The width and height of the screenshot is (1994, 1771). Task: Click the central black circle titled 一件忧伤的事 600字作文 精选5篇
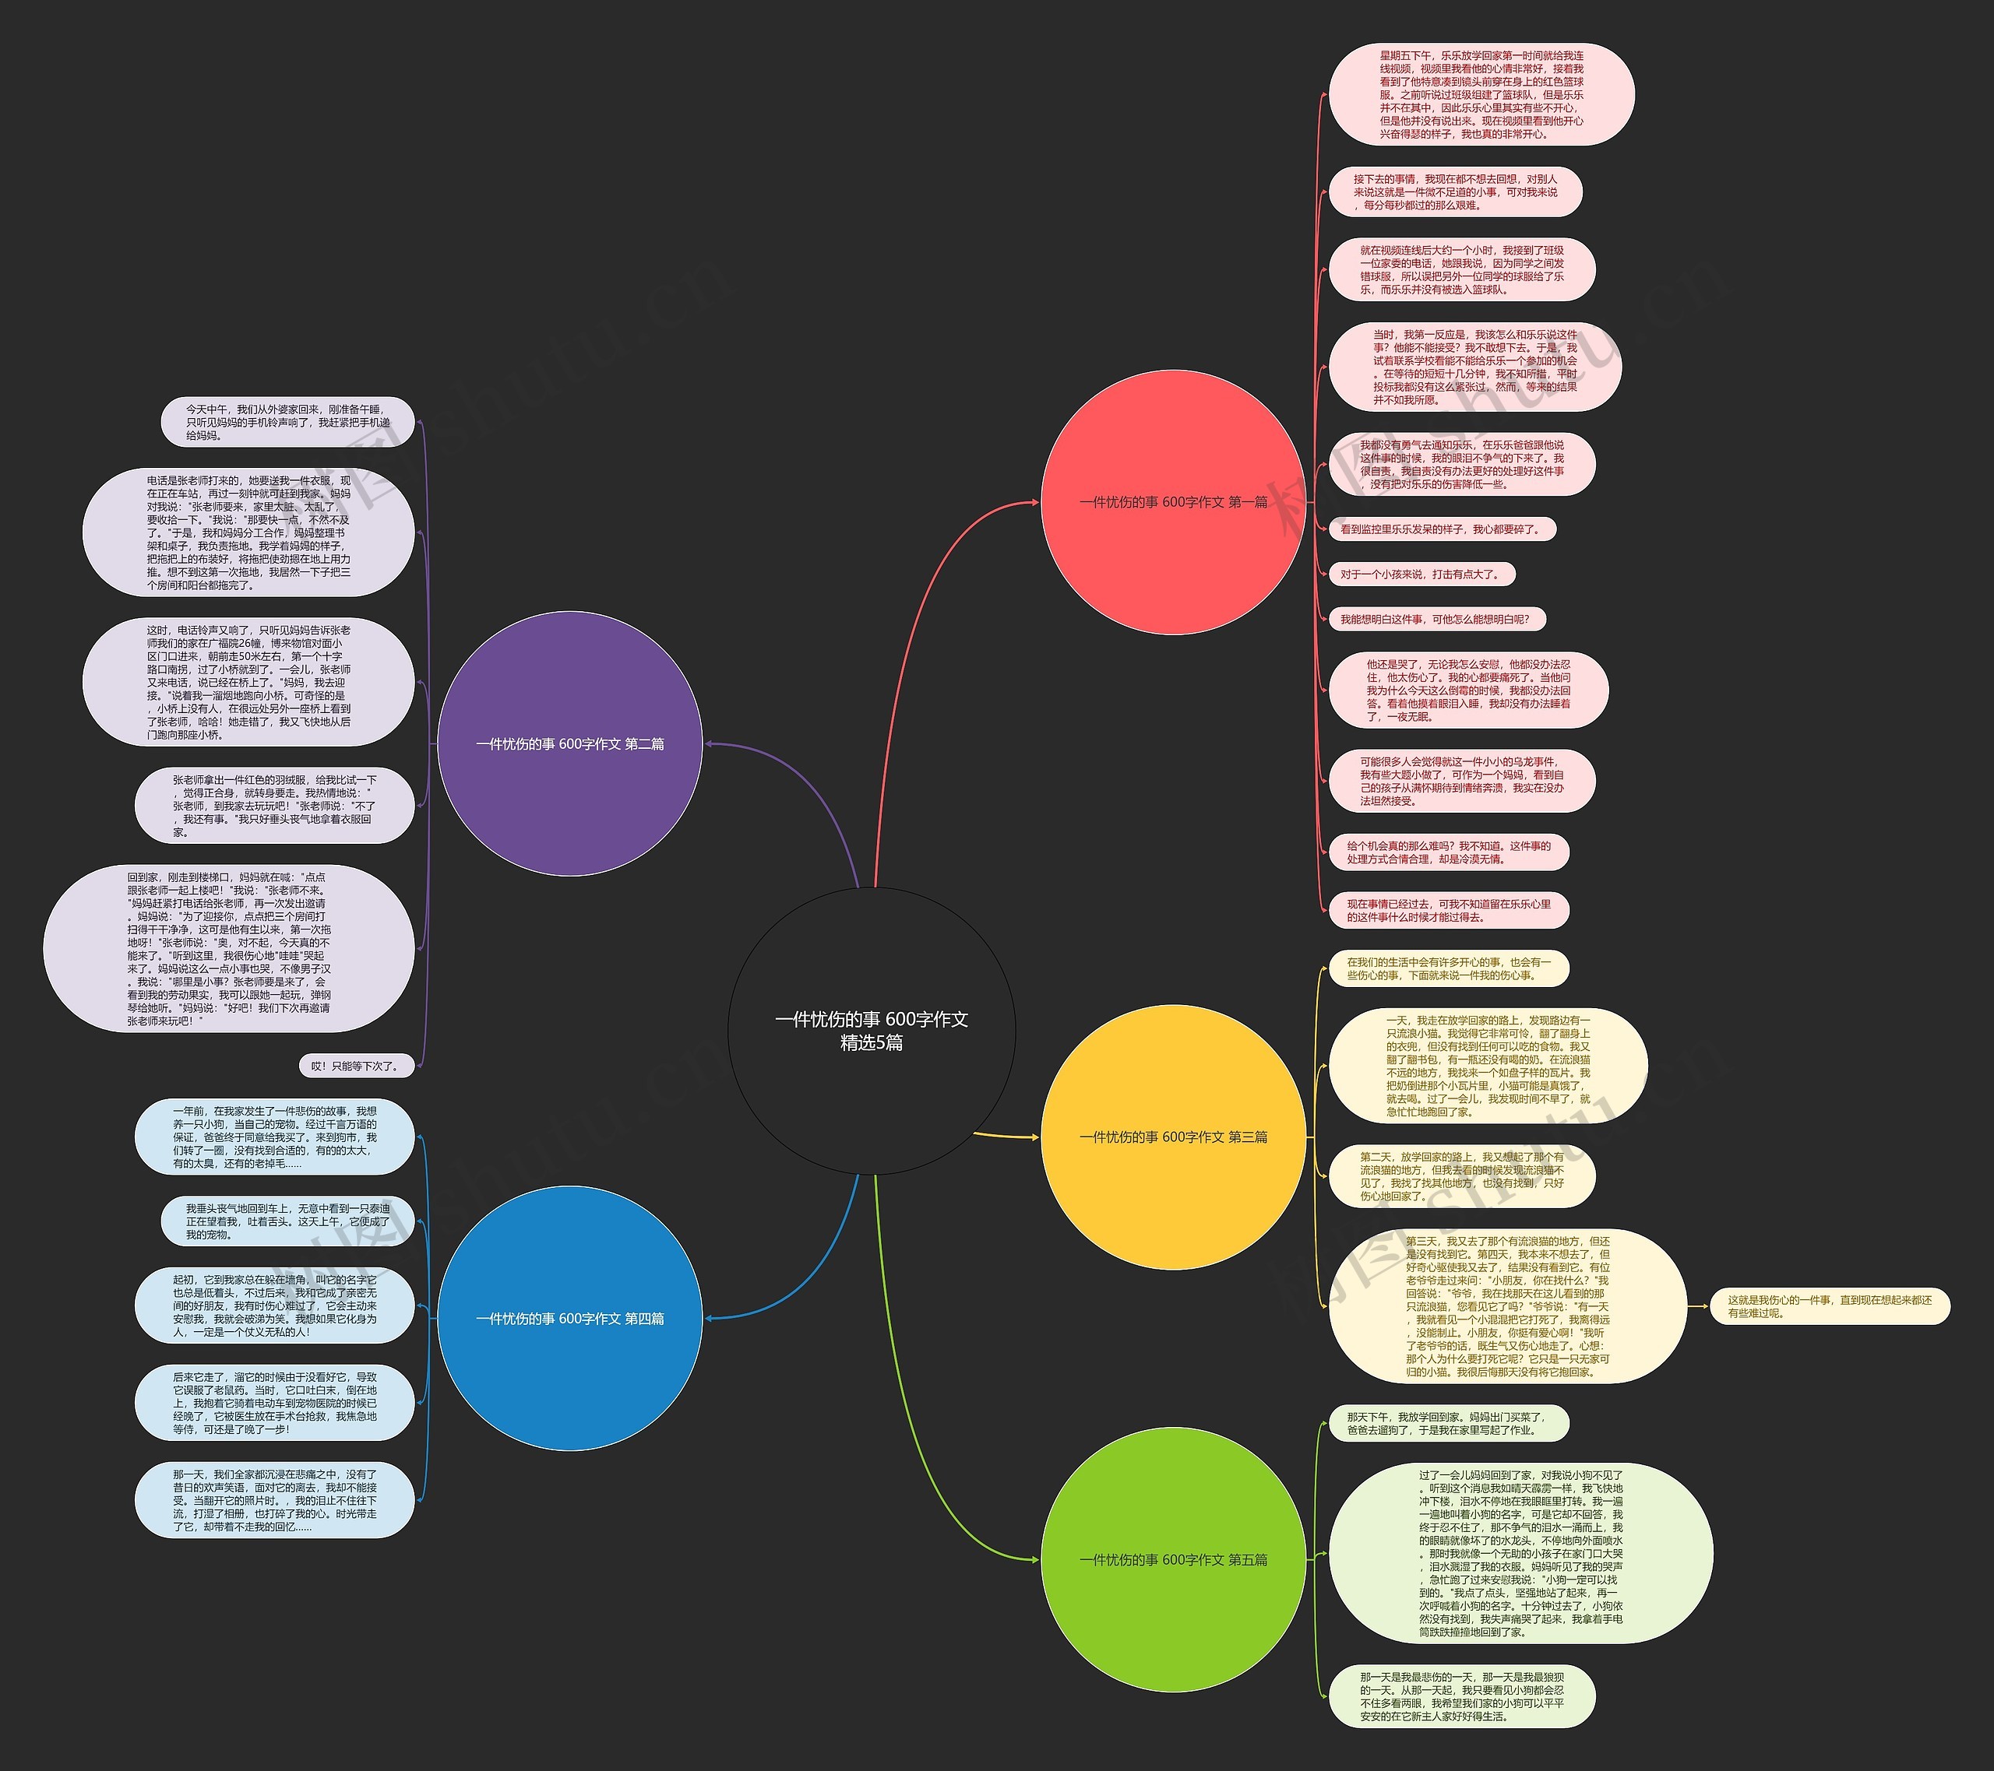coord(871,1031)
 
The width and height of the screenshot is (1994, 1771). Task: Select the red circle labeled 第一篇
coord(1172,502)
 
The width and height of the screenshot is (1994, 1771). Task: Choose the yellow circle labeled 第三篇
coord(1172,1137)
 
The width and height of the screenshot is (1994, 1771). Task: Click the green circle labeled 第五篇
coord(1172,1560)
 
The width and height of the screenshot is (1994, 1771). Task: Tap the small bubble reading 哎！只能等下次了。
coord(356,1066)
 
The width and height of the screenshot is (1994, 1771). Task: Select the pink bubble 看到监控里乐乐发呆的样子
coord(1441,529)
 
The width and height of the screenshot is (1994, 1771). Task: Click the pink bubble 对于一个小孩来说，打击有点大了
coord(1419,575)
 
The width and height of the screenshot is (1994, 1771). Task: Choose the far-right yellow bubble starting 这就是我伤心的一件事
coord(1828,1307)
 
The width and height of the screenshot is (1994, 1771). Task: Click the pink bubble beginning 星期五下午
coord(1480,95)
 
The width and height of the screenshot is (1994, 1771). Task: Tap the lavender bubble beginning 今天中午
coord(287,422)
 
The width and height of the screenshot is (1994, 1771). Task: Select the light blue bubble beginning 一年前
coord(275,1137)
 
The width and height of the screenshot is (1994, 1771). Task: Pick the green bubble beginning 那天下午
coord(1448,1424)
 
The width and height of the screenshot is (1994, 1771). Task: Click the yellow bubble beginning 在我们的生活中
coord(1448,968)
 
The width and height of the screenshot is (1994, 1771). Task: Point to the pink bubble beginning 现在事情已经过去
coord(1448,911)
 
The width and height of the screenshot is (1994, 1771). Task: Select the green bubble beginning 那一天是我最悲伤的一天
coord(1460,1697)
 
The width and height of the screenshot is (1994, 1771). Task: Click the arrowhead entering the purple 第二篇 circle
coord(708,744)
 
